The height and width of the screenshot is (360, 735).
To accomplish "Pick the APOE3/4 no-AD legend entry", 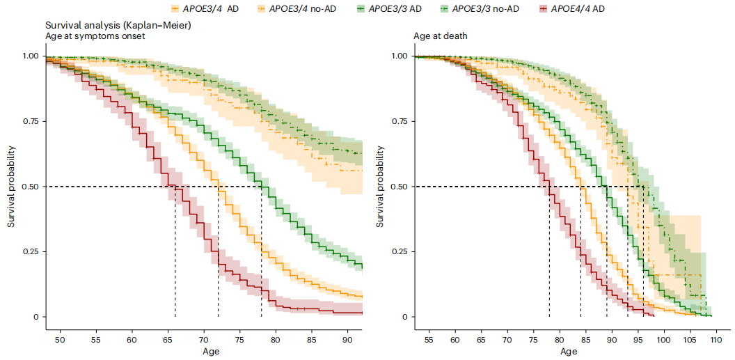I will click(304, 10).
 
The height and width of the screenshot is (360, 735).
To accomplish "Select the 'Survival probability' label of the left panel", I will click(11, 186).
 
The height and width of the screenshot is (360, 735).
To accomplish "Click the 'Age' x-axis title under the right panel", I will click(568, 352).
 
